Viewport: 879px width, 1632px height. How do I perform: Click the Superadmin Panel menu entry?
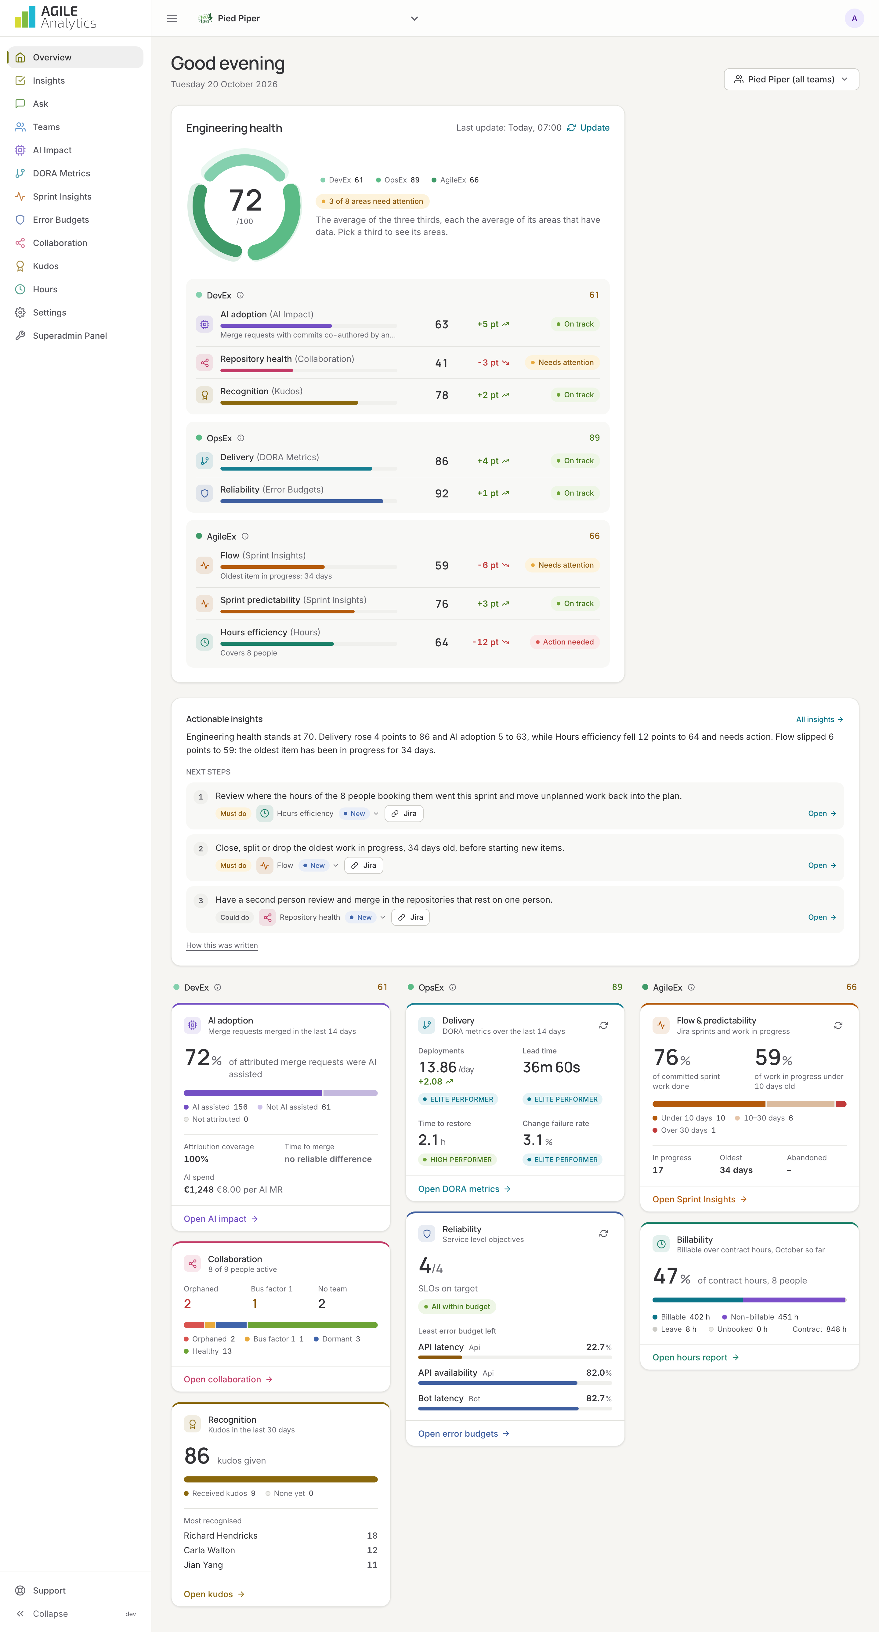(x=70, y=336)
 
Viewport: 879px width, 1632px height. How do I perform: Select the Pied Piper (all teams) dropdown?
(x=791, y=79)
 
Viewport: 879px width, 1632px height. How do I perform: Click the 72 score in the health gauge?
(x=245, y=200)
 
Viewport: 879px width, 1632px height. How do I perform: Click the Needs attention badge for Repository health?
(x=562, y=363)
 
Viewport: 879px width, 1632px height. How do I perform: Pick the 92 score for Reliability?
(x=442, y=493)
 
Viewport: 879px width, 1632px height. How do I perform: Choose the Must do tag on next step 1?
(x=233, y=814)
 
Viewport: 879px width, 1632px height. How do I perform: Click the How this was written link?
(x=222, y=945)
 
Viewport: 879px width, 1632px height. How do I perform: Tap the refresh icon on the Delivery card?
(x=603, y=1025)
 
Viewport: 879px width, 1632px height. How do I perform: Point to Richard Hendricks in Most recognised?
(x=221, y=1536)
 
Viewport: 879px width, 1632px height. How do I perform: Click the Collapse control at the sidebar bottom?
(x=50, y=1614)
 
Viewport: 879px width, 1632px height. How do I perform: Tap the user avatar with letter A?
(x=854, y=18)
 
